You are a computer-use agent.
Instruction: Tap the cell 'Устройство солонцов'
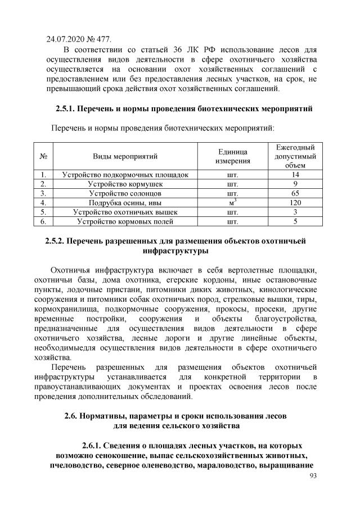click(125, 193)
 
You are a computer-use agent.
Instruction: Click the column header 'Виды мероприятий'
click(125, 156)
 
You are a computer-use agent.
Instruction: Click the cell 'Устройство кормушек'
click(125, 183)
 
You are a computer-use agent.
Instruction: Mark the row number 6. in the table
click(43, 221)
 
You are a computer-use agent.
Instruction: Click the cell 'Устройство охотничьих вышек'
click(125, 212)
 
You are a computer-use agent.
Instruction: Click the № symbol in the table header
click(43, 156)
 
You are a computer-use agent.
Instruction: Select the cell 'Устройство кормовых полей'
click(125, 221)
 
